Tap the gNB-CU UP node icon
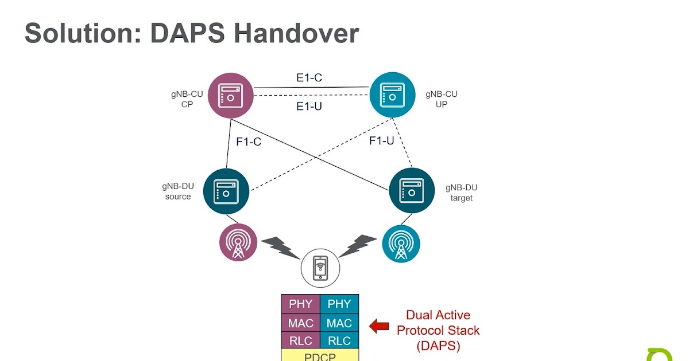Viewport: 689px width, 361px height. [x=392, y=95]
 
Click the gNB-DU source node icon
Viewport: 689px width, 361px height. [x=226, y=191]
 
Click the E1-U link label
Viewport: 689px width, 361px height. [x=309, y=106]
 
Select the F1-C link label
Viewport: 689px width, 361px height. [x=249, y=142]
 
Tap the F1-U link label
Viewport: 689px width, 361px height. [x=381, y=140]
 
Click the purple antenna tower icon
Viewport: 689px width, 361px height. [x=238, y=242]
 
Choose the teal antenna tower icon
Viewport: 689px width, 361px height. [x=401, y=242]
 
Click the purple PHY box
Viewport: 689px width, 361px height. [x=300, y=304]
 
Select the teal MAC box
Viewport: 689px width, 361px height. [x=339, y=323]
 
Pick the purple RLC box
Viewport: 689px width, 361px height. [x=300, y=341]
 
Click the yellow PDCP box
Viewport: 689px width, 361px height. [x=320, y=356]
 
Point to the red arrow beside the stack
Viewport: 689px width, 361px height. [x=379, y=327]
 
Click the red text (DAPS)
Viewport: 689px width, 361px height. [x=438, y=346]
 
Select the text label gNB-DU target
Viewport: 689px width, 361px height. [x=462, y=193]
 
